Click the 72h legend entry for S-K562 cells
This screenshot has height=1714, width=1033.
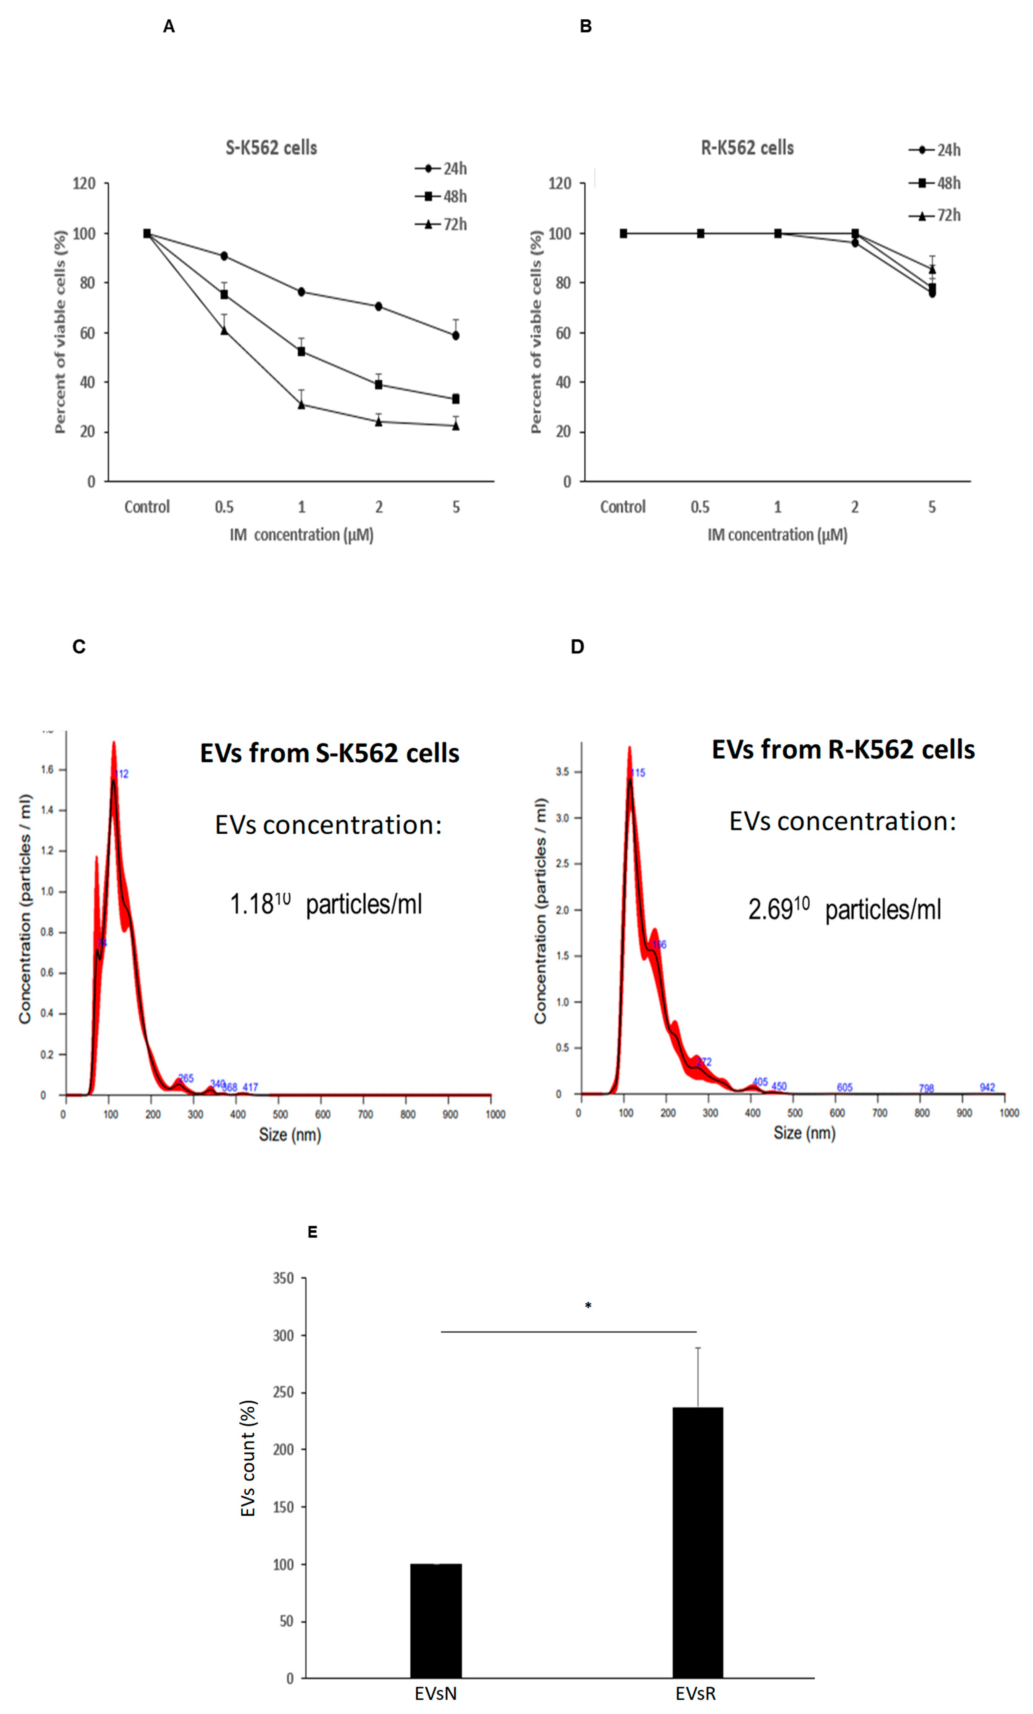point(442,224)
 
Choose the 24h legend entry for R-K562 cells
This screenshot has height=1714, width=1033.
point(936,149)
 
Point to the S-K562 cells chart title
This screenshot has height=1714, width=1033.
point(271,147)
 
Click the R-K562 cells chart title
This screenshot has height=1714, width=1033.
point(747,147)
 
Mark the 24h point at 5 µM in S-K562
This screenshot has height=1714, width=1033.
point(456,335)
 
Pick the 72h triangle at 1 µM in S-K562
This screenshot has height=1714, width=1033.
point(301,404)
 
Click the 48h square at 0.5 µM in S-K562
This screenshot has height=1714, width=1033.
point(224,294)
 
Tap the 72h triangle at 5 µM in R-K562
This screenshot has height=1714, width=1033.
point(932,269)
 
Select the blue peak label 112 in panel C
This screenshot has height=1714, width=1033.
point(122,774)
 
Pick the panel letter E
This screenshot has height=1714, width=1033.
point(312,1232)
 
